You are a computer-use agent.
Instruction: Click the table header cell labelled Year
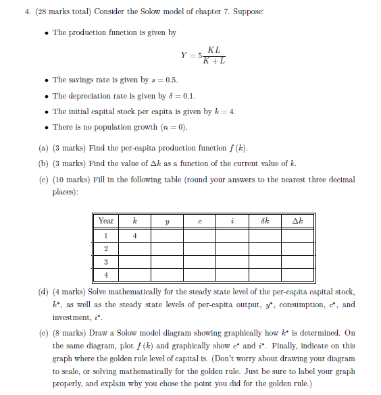tap(106, 221)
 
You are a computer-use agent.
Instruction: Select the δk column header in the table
tap(265, 221)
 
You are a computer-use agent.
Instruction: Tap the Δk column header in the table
tap(298, 221)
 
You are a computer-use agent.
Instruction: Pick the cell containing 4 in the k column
tap(135, 236)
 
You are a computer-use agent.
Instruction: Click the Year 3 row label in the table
tap(106, 262)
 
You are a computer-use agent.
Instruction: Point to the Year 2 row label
tap(106, 249)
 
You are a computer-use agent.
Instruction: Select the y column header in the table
tap(168, 221)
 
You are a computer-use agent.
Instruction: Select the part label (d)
tap(44, 292)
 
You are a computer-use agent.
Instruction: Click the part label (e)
tap(44, 333)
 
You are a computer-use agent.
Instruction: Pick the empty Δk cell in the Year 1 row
tap(298, 236)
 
